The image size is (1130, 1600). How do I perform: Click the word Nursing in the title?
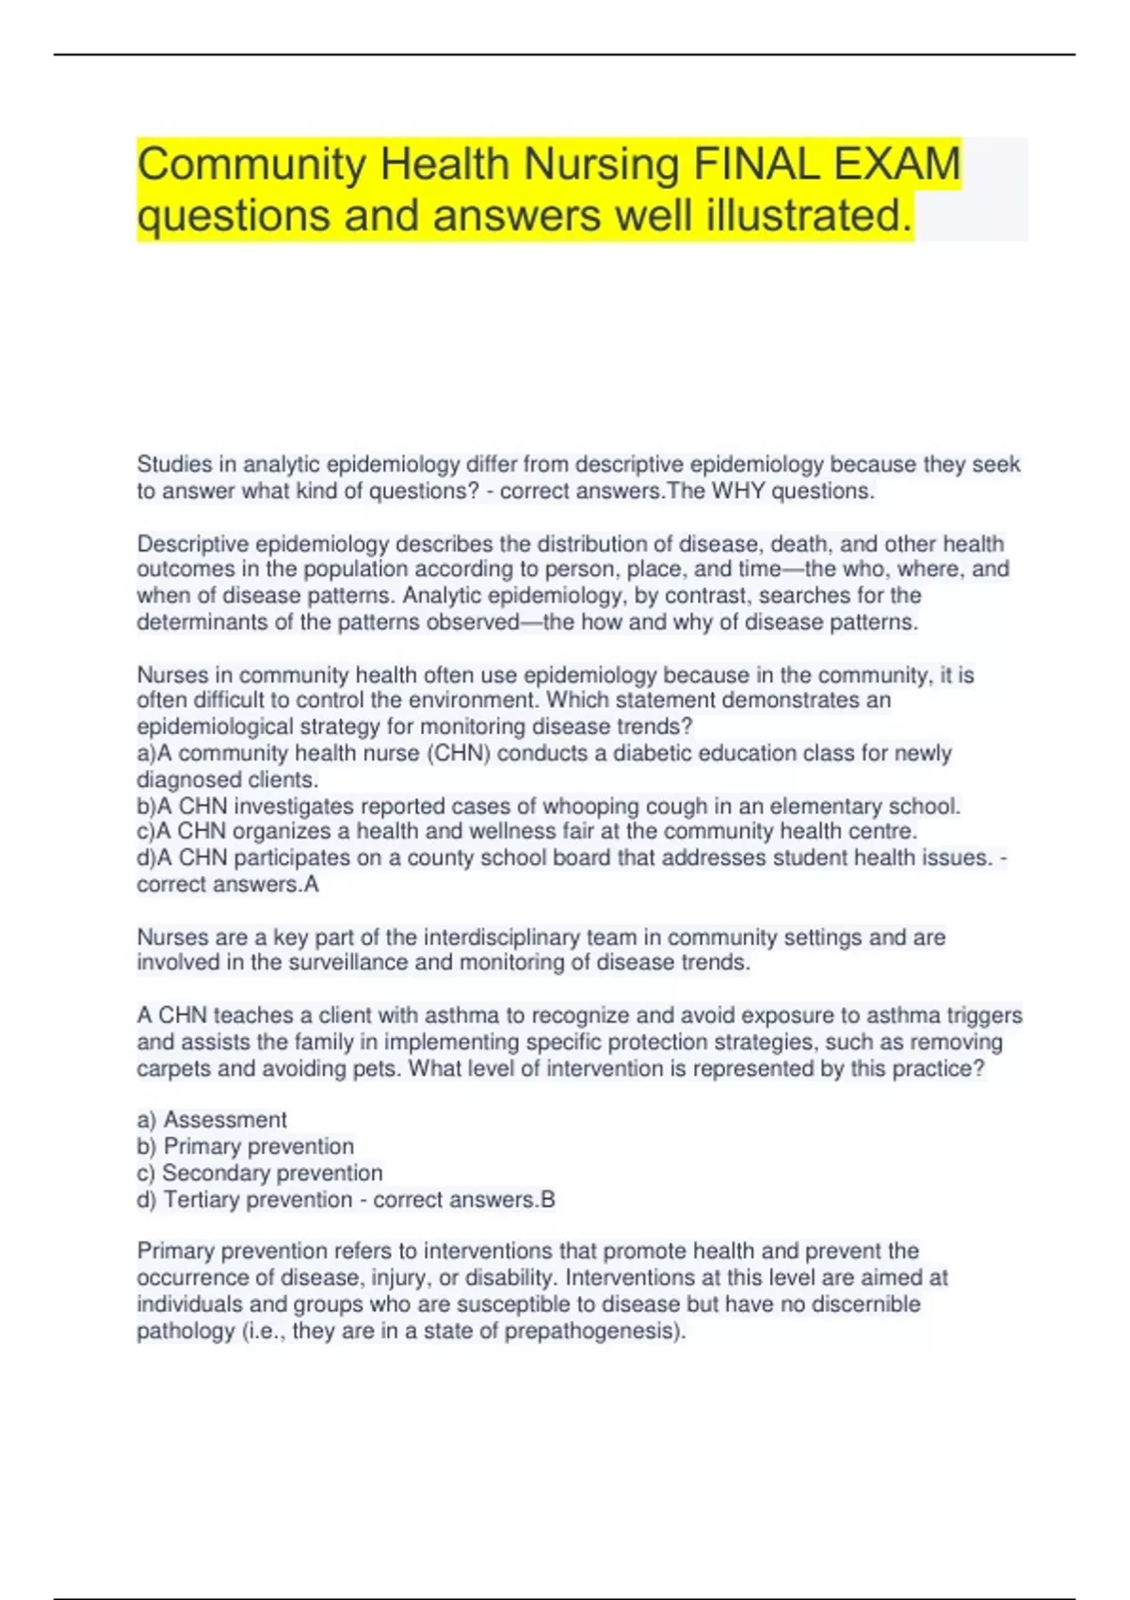[x=601, y=165]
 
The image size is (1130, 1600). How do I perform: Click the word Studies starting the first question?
[x=174, y=464]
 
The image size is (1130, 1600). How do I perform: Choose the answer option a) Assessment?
[x=212, y=1120]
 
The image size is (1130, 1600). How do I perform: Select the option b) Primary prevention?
[x=246, y=1146]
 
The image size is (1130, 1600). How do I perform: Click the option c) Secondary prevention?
[x=260, y=1173]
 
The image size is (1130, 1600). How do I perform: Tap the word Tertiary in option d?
[x=204, y=1199]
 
